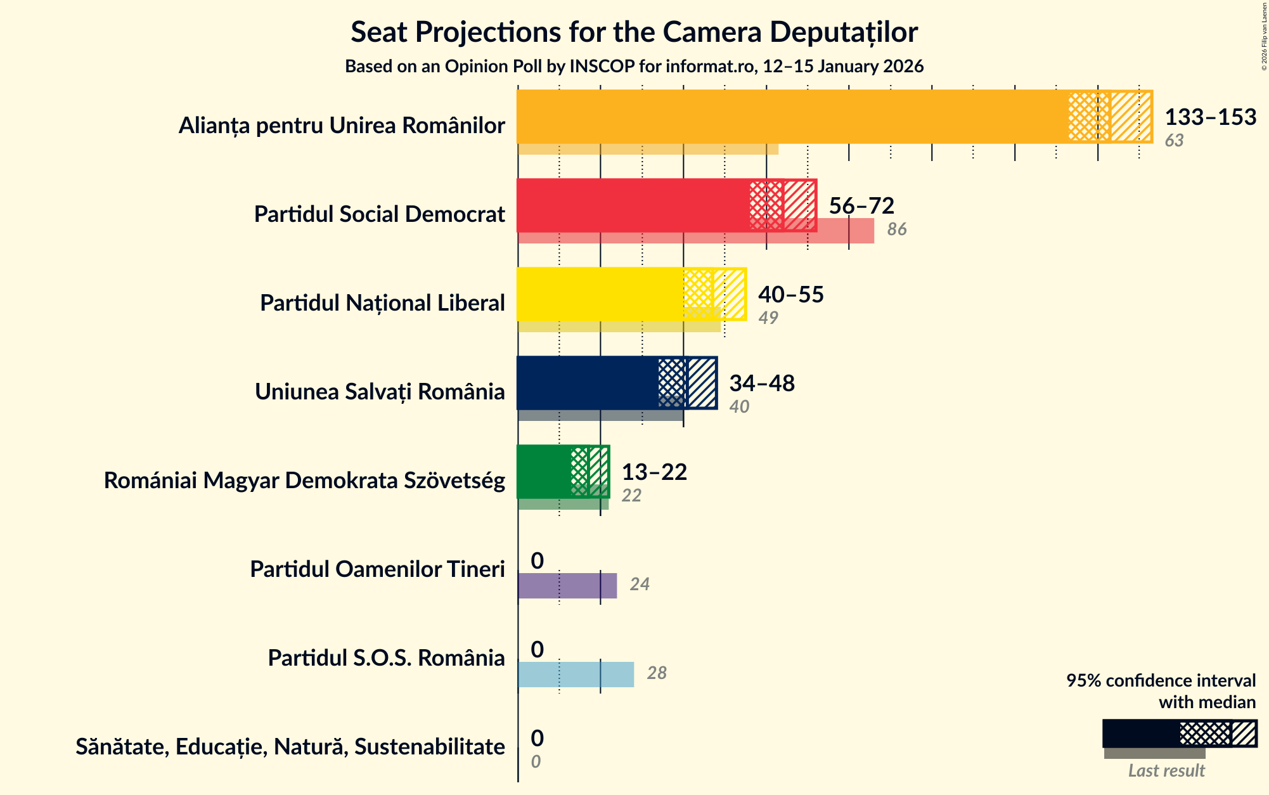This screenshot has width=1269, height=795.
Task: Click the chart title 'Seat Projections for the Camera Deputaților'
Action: [634, 32]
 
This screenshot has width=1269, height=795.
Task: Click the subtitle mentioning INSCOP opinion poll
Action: [634, 67]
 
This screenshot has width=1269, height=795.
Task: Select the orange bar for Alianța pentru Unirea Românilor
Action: [792, 117]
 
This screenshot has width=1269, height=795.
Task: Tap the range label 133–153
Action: [1210, 117]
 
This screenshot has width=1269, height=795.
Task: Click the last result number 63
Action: [1173, 141]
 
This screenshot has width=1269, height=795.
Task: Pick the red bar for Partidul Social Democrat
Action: [634, 205]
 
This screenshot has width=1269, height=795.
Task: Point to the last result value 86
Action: [896, 229]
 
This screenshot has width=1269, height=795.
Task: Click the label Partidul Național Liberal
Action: [382, 303]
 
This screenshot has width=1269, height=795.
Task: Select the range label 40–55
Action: [790, 295]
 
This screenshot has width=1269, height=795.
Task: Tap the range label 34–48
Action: [761, 384]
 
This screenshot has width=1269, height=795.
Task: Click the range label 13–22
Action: [654, 472]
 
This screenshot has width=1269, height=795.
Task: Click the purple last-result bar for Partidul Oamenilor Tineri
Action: [567, 586]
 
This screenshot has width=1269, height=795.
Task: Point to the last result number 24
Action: [639, 585]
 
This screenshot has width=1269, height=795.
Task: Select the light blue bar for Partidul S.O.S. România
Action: [576, 675]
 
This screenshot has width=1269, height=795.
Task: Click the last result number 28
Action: [656, 673]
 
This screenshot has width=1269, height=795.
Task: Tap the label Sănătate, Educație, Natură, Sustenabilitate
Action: [290, 747]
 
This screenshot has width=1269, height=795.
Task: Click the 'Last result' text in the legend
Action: [1166, 771]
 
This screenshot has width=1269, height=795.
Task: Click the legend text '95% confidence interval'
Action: [1160, 681]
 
